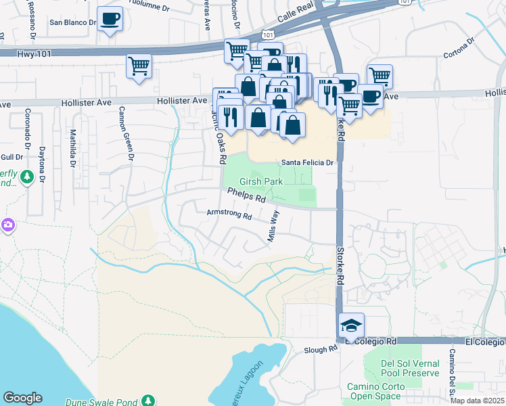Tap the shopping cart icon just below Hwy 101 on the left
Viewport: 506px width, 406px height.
[x=139, y=66]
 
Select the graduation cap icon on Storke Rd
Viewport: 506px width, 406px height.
[x=351, y=325]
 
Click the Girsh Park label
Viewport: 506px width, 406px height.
[x=260, y=183]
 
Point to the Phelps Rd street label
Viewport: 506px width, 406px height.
[x=246, y=197]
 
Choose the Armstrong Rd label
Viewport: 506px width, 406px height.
[x=229, y=216]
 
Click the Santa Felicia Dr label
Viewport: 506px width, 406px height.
[x=308, y=162]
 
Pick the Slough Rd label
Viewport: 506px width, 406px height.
[x=320, y=349]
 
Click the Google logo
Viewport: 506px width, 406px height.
[x=23, y=398]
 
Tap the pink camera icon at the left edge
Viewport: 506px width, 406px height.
[x=7, y=225]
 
